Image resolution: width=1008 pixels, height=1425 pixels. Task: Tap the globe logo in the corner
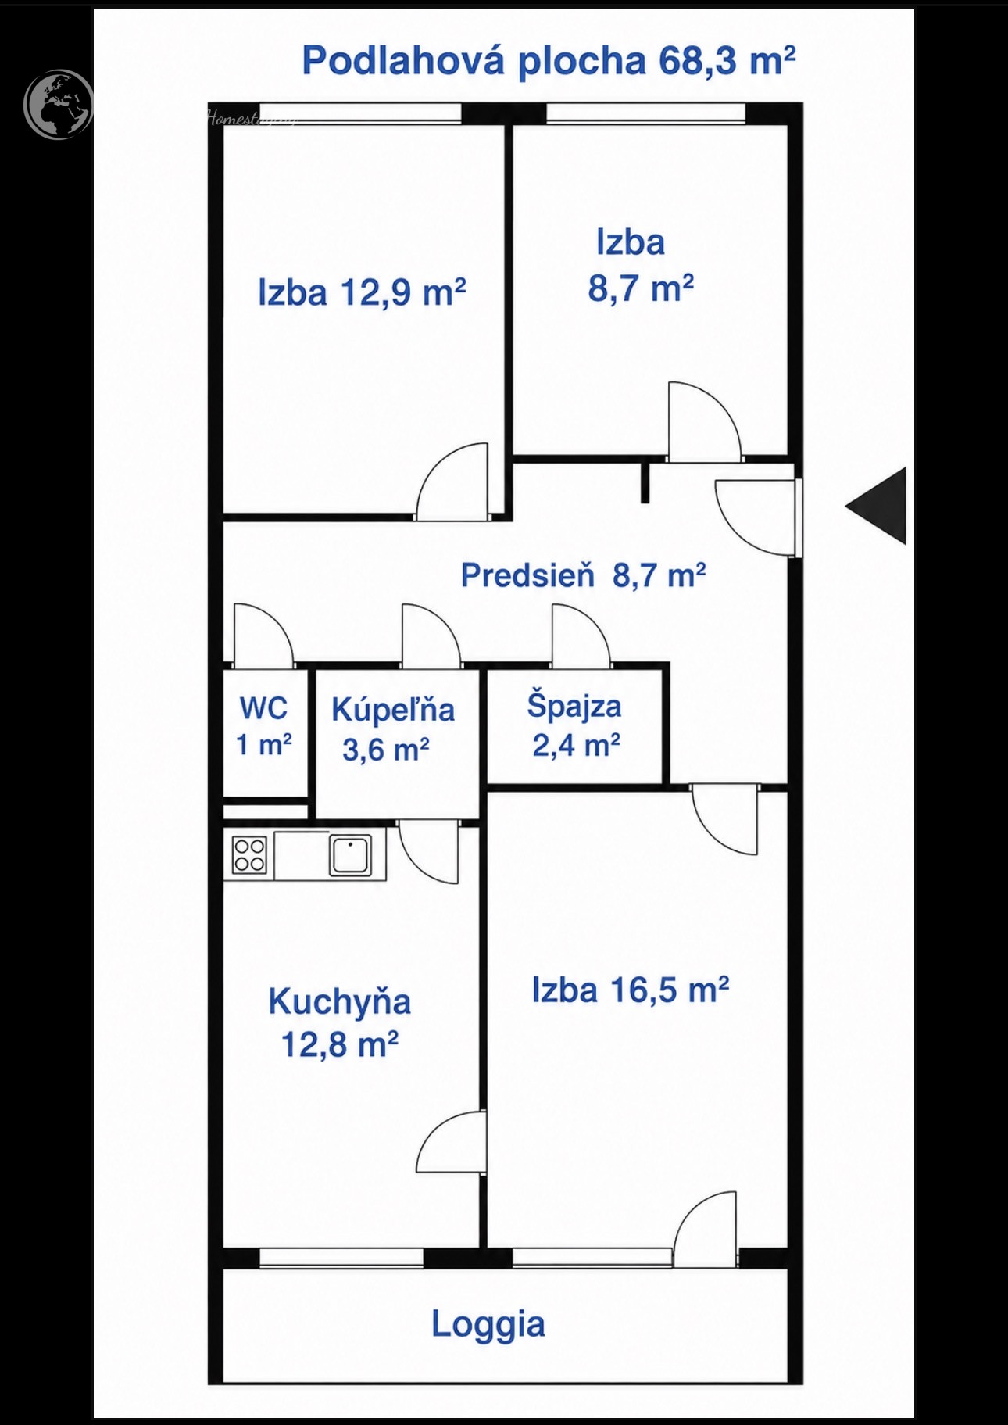(x=59, y=105)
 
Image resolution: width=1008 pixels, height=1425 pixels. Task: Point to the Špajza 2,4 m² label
(x=575, y=725)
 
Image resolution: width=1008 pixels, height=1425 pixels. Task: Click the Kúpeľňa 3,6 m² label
(x=392, y=729)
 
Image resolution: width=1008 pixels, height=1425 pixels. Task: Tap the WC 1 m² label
(x=264, y=726)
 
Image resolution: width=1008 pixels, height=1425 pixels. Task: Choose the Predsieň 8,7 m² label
(x=583, y=575)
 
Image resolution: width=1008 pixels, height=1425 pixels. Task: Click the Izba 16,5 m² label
(x=631, y=990)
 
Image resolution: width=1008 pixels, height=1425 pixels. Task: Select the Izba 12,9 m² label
(x=362, y=292)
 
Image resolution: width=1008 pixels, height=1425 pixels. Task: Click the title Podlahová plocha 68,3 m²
(x=549, y=60)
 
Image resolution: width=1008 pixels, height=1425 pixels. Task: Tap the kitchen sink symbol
(x=350, y=854)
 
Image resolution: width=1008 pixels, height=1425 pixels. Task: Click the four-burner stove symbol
(x=249, y=854)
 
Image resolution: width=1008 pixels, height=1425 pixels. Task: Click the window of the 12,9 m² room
(x=360, y=113)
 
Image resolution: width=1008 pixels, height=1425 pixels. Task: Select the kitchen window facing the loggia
(x=341, y=1258)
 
